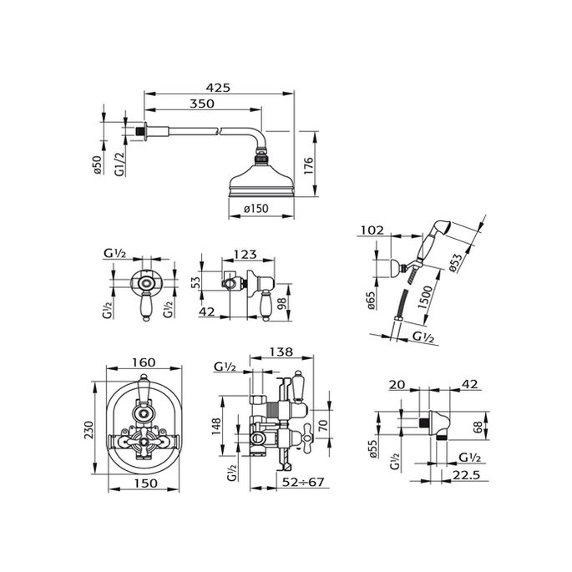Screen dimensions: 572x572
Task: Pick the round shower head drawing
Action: pos(260,180)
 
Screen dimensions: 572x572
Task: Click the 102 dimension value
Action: pos(372,230)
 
